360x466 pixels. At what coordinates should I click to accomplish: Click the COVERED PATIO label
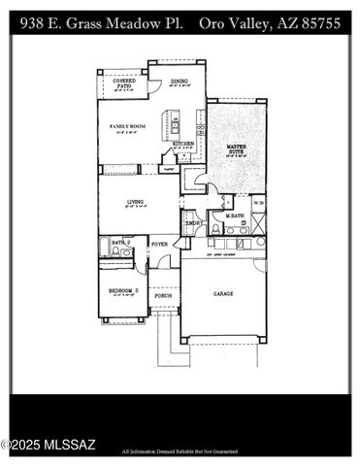[x=122, y=83]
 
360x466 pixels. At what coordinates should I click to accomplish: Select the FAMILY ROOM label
[x=127, y=125]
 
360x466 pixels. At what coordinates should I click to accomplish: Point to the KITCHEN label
[x=182, y=144]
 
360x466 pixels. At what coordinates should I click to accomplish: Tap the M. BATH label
[x=234, y=216]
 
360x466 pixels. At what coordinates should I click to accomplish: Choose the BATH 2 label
[x=119, y=242]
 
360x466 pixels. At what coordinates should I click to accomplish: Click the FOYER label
[x=159, y=244]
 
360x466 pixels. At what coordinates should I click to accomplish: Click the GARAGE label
[x=224, y=292]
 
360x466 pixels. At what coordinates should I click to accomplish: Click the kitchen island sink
[x=176, y=124]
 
